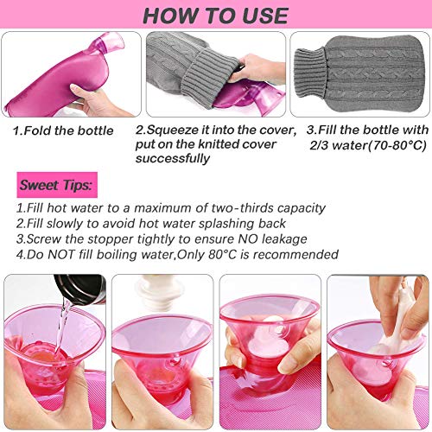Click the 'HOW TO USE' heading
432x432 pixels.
point(216,16)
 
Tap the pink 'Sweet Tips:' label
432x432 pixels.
point(57,185)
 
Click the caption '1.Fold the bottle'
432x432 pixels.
point(63,130)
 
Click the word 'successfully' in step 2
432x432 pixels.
point(173,159)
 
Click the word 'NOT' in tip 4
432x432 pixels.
point(61,255)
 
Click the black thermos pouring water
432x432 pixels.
point(80,289)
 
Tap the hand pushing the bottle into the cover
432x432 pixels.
point(258,68)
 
